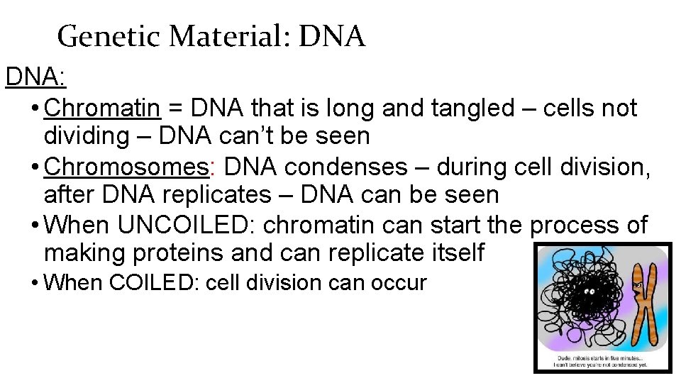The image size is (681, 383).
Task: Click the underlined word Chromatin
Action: (x=101, y=109)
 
